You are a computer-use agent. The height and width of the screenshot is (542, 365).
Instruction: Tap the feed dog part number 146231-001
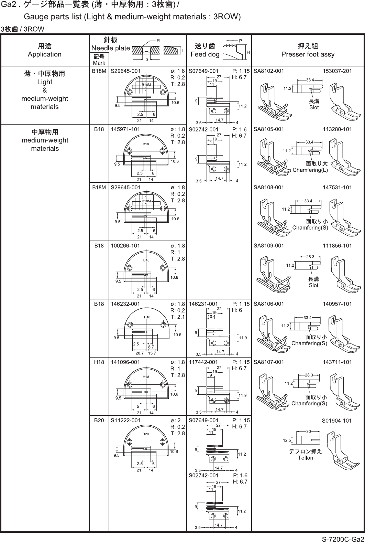pos(203,304)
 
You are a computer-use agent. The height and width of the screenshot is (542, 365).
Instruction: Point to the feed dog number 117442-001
pos(203,362)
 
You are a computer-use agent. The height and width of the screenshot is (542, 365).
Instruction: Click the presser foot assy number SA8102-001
pos(269,71)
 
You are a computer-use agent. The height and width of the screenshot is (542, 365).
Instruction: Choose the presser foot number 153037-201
pos(338,71)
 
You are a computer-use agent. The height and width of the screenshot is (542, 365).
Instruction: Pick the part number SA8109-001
pos(269,246)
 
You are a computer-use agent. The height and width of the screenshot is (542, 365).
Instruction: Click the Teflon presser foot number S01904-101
pos(337,421)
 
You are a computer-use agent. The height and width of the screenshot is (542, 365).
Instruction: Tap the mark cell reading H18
pos(99,362)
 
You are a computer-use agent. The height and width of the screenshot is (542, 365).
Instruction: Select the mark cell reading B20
pos(99,420)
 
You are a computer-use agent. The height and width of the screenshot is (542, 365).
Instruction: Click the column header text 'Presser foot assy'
pos(308,54)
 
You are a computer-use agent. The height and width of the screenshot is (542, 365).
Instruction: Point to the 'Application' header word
pos(45,54)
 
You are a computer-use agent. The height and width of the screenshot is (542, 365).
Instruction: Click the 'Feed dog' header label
pos(205,54)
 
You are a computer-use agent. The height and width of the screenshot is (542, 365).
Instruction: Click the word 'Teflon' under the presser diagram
pos(306,458)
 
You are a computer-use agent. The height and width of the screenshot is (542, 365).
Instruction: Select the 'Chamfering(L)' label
pos(310,170)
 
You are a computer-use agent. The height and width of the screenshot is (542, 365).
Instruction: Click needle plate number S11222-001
pos(125,420)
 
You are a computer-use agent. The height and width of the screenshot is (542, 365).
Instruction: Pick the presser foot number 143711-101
pos(338,362)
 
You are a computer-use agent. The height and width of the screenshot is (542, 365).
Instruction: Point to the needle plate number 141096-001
pos(125,362)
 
